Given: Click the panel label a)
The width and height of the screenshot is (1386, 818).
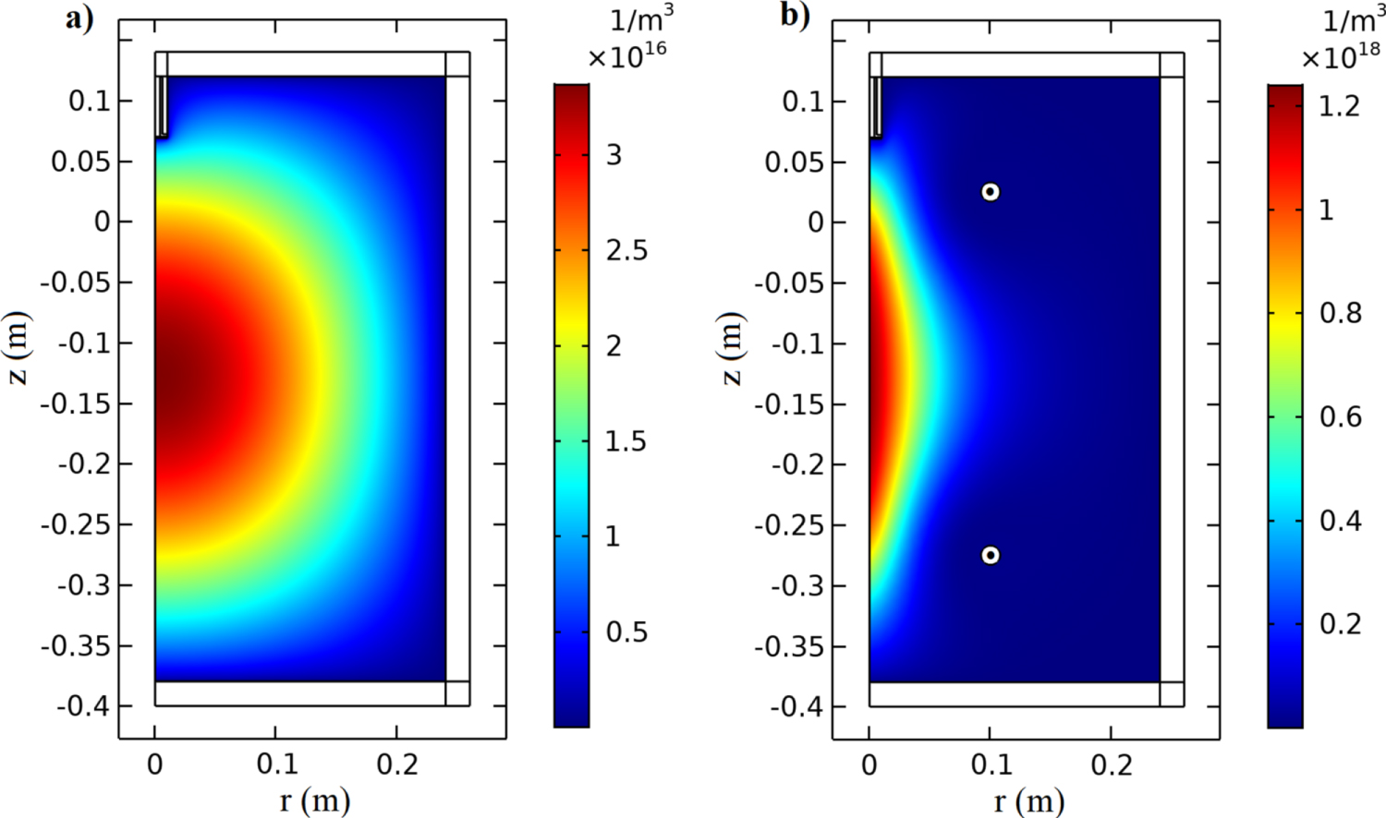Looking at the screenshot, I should (x=79, y=18).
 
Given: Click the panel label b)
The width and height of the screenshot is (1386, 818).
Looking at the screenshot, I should (x=794, y=16).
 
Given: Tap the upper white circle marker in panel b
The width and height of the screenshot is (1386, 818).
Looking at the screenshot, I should (x=990, y=192).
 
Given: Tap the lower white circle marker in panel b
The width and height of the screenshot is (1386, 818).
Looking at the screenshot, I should (x=990, y=555).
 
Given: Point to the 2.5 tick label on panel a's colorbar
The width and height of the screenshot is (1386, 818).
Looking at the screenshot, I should (x=626, y=251).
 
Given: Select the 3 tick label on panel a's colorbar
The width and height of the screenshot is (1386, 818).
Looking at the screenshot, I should (x=614, y=155).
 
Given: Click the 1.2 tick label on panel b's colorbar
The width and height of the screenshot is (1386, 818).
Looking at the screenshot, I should (x=1339, y=107).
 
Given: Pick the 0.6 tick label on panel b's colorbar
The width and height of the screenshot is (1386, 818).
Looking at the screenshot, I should (x=1340, y=417).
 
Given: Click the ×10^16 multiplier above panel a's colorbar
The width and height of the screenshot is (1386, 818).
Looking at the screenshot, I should (x=626, y=55).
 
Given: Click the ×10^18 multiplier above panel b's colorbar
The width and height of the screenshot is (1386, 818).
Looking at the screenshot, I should (x=1341, y=56).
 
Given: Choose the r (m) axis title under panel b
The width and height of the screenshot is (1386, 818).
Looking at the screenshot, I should (x=1028, y=800).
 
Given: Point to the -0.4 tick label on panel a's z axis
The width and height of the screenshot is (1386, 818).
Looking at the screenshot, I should (x=82, y=706).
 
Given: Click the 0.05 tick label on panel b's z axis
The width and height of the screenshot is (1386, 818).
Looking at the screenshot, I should (x=796, y=162).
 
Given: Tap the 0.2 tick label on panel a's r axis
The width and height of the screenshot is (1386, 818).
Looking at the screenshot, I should (x=396, y=764).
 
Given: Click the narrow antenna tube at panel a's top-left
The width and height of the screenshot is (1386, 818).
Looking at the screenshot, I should (x=162, y=106).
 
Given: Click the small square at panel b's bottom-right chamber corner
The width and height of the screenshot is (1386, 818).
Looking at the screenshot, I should (x=1172, y=694).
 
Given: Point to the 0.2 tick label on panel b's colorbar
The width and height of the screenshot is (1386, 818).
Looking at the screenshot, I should (x=1340, y=624).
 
